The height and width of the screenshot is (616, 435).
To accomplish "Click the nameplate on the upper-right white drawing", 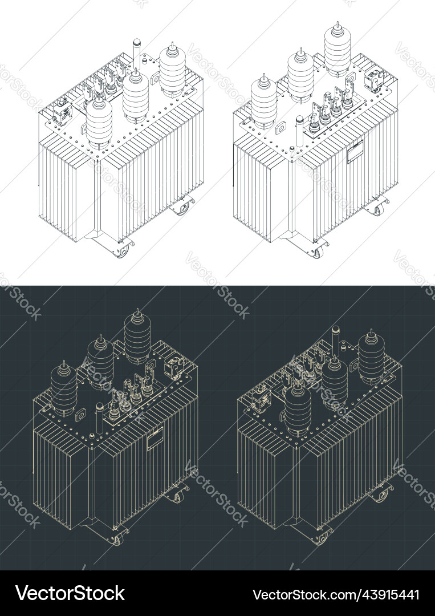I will [x=355, y=152].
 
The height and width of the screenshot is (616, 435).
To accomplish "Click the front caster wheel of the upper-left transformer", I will [x=121, y=250].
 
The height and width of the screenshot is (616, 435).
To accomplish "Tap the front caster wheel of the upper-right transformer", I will [x=317, y=250].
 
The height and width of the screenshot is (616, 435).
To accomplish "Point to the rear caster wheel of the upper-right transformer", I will [x=379, y=208].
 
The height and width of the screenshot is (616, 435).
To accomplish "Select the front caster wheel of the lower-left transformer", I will [x=117, y=538].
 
